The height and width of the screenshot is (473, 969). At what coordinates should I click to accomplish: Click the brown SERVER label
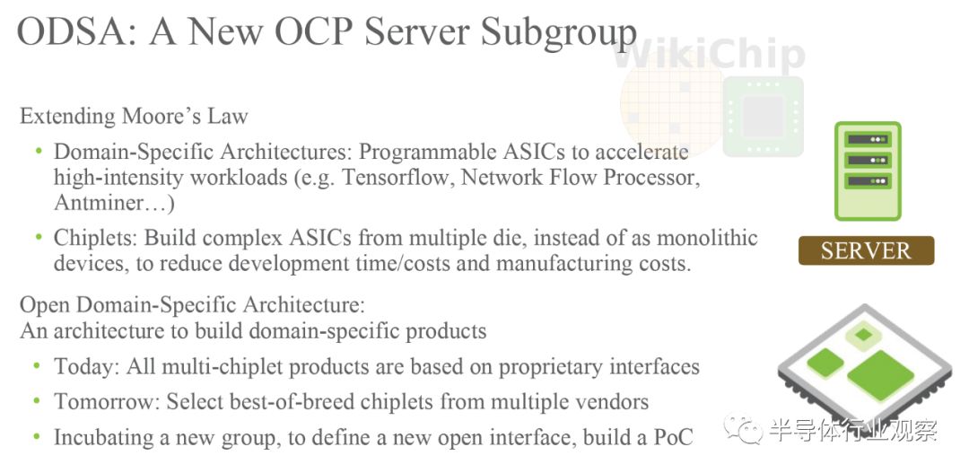[865, 250]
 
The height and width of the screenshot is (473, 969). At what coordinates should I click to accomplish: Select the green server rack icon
[868, 171]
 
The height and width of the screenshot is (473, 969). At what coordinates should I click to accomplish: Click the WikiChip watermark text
[710, 55]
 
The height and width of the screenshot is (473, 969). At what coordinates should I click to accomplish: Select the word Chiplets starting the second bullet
[95, 239]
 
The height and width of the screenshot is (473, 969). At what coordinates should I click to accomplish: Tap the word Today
[84, 366]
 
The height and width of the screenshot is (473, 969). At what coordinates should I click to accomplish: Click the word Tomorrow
[106, 402]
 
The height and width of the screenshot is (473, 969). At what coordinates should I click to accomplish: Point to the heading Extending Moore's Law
[134, 117]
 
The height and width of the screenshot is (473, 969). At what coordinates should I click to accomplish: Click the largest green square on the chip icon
[880, 374]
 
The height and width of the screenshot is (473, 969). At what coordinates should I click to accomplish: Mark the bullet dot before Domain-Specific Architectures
[39, 151]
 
